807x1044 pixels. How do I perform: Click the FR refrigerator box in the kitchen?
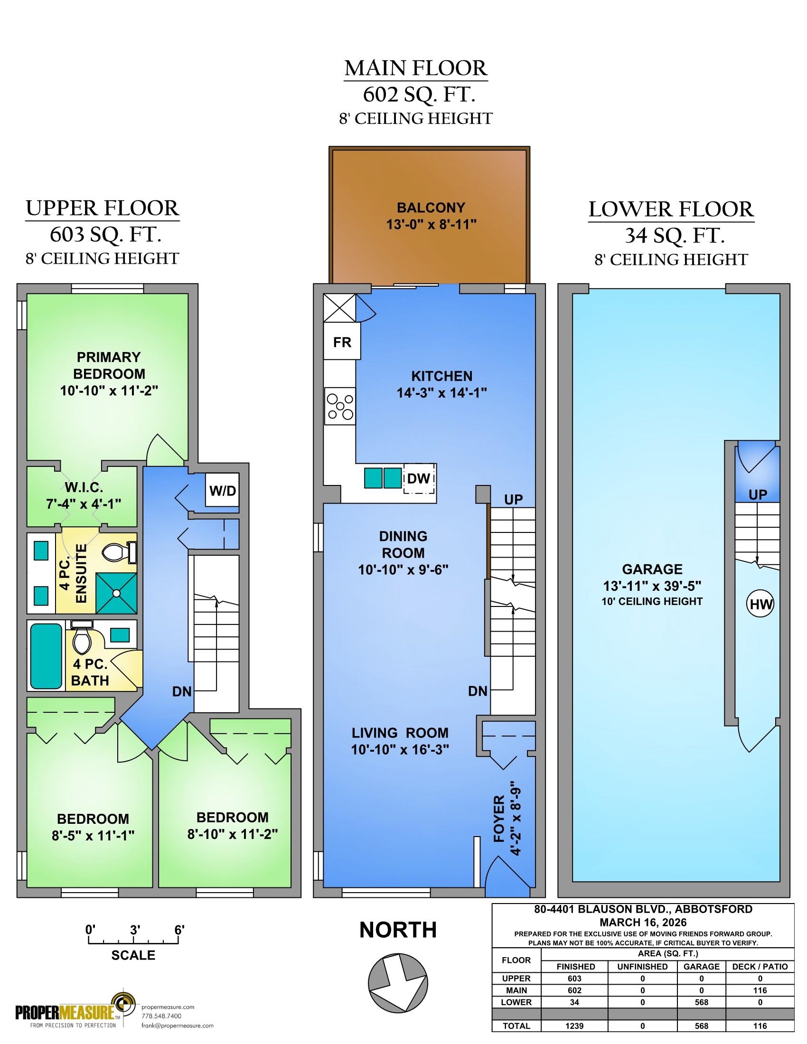point(342,341)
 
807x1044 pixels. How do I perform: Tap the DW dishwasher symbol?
point(420,478)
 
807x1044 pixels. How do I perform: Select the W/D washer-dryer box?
point(222,490)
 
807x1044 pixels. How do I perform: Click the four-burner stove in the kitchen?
point(340,406)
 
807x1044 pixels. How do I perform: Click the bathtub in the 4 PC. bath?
point(47,655)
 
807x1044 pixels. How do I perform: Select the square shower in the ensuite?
point(117,593)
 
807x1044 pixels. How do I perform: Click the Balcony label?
point(431,207)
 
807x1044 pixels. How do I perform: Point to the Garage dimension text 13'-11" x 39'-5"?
point(652,586)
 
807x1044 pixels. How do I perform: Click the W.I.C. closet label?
point(81,488)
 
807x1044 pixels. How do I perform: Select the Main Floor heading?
point(416,68)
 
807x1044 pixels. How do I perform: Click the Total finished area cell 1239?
point(574,1026)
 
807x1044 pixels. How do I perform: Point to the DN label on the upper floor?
point(182,691)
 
